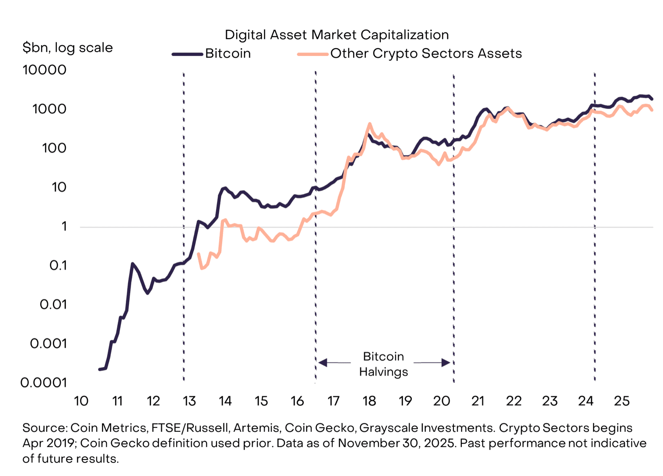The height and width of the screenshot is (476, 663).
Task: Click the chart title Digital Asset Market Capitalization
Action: (336, 35)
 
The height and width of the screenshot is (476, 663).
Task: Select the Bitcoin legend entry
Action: (228, 53)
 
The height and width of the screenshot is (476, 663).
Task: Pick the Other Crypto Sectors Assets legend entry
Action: (426, 53)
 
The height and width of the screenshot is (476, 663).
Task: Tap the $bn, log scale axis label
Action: (68, 47)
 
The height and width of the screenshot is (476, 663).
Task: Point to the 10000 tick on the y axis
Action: (45, 70)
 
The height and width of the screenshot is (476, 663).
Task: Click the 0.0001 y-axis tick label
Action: (44, 383)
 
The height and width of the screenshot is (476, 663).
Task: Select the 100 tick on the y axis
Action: (54, 148)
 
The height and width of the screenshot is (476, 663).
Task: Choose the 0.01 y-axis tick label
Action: (53, 305)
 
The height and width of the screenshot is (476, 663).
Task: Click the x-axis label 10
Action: (81, 401)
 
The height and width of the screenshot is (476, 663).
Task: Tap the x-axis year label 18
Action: (369, 401)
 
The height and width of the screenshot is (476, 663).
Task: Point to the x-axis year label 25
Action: (621, 401)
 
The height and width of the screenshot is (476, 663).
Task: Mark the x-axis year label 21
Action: (478, 401)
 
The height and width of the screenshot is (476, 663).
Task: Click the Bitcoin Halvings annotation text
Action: (384, 364)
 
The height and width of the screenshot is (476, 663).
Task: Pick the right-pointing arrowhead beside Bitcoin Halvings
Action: (446, 362)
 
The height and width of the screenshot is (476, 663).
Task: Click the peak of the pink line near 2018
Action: (370, 124)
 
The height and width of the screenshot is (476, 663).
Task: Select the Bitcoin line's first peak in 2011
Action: (132, 263)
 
